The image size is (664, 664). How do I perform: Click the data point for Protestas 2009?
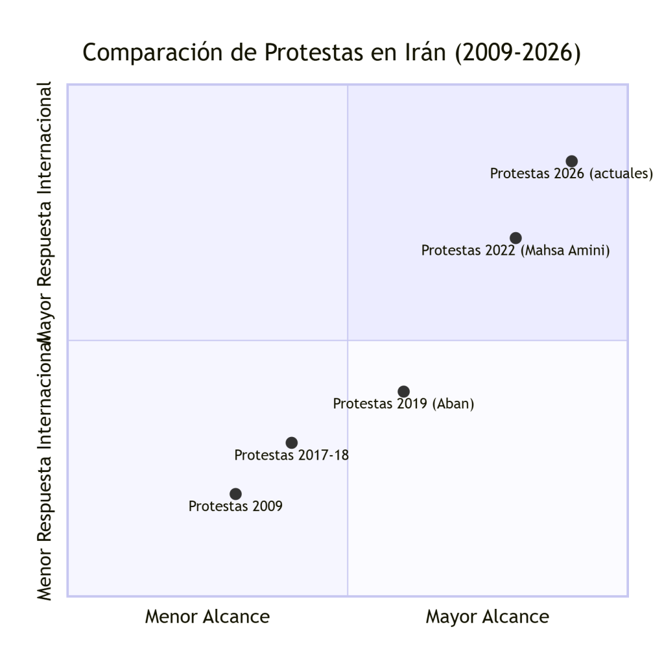pyautogui.click(x=235, y=494)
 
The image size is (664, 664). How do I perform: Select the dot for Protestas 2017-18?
pyautogui.click(x=292, y=443)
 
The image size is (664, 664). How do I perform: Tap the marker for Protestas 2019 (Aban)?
pyautogui.click(x=403, y=392)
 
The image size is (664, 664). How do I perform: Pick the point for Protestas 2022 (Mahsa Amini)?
pyautogui.click(x=516, y=238)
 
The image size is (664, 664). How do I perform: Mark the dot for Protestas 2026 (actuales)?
pyautogui.click(x=571, y=161)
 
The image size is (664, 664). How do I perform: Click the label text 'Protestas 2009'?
pyautogui.click(x=235, y=506)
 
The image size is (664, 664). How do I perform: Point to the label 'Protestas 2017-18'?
pyautogui.click(x=292, y=455)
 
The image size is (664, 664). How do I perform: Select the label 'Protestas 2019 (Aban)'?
pyautogui.click(x=403, y=404)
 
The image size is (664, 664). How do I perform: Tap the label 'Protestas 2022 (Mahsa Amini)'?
pyautogui.click(x=516, y=250)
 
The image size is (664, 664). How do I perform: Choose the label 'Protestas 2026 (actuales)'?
pyautogui.click(x=571, y=174)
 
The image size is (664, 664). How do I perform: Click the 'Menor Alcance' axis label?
pyautogui.click(x=207, y=617)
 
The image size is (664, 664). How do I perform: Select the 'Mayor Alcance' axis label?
pyautogui.click(x=487, y=617)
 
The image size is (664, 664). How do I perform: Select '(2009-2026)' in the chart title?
pyautogui.click(x=517, y=53)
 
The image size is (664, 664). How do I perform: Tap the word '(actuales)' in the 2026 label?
pyautogui.click(x=621, y=174)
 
